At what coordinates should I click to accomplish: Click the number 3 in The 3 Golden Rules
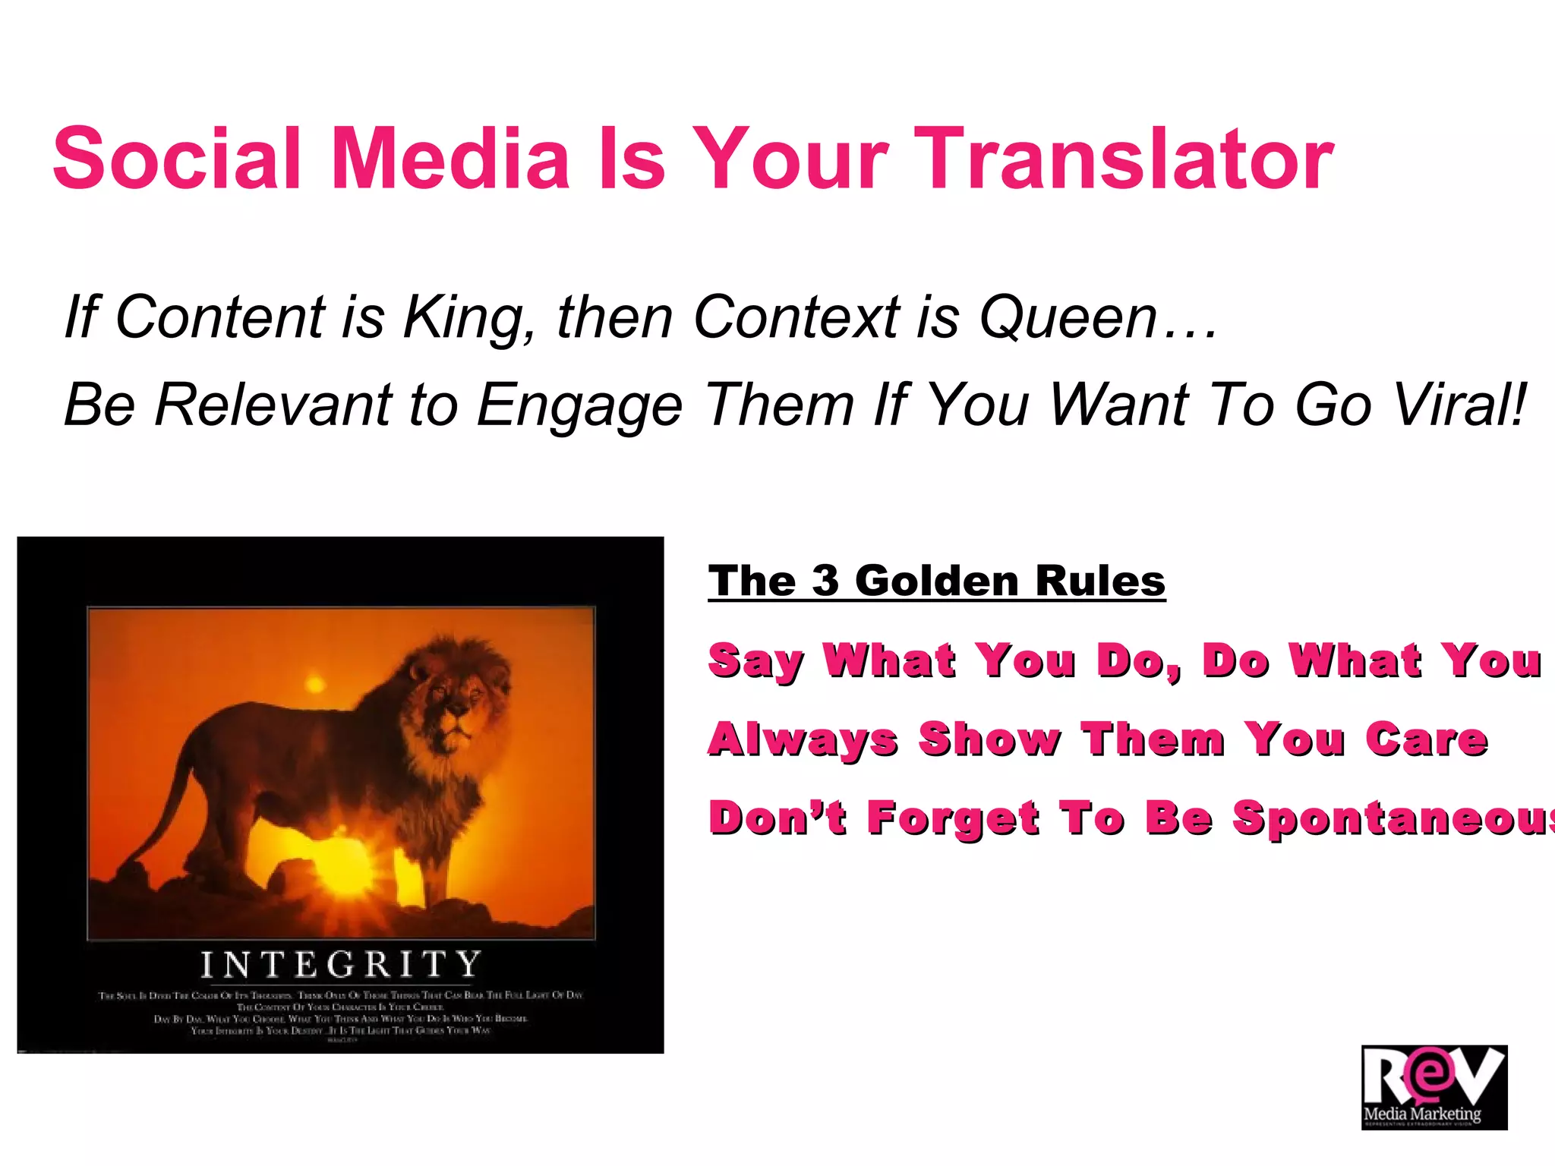click(825, 581)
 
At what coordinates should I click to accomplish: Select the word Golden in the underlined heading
click(936, 581)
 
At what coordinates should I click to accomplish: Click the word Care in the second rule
click(1427, 739)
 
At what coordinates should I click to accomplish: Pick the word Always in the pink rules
click(803, 741)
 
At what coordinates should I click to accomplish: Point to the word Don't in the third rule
click(777, 818)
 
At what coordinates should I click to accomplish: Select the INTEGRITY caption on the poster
click(341, 965)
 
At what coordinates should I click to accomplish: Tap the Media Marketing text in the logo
click(1422, 1114)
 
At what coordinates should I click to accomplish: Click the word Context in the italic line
click(796, 317)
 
